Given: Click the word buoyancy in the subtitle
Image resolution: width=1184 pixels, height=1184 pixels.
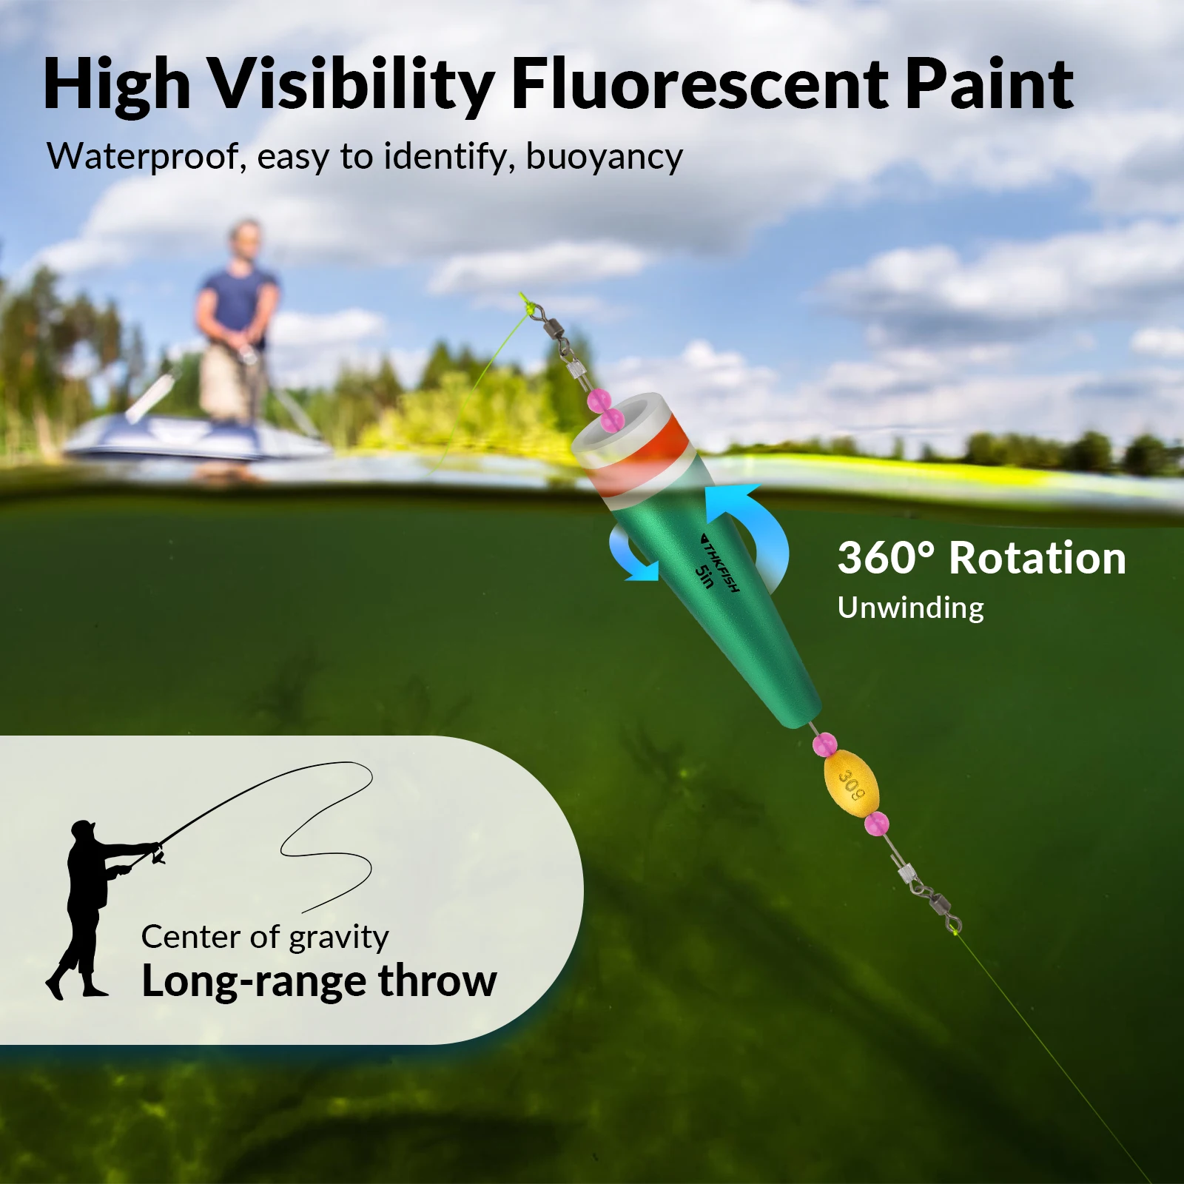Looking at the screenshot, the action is [x=604, y=158].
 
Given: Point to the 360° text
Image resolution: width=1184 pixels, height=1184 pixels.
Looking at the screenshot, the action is [x=886, y=558].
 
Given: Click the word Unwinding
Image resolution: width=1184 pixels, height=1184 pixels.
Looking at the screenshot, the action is [x=911, y=608].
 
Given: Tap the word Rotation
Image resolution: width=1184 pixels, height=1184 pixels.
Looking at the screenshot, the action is [x=1037, y=558].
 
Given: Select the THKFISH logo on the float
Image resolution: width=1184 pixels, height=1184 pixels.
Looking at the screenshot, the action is [x=720, y=563].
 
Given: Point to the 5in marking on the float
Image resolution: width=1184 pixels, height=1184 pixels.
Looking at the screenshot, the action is [x=704, y=576].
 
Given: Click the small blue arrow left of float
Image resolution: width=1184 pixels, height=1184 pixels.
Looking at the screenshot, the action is [x=631, y=555].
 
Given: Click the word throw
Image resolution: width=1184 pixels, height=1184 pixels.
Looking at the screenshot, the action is [x=437, y=981].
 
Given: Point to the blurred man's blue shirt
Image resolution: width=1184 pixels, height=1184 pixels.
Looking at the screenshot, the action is [x=238, y=304].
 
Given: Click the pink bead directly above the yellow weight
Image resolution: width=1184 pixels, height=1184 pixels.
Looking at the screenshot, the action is [x=824, y=744].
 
